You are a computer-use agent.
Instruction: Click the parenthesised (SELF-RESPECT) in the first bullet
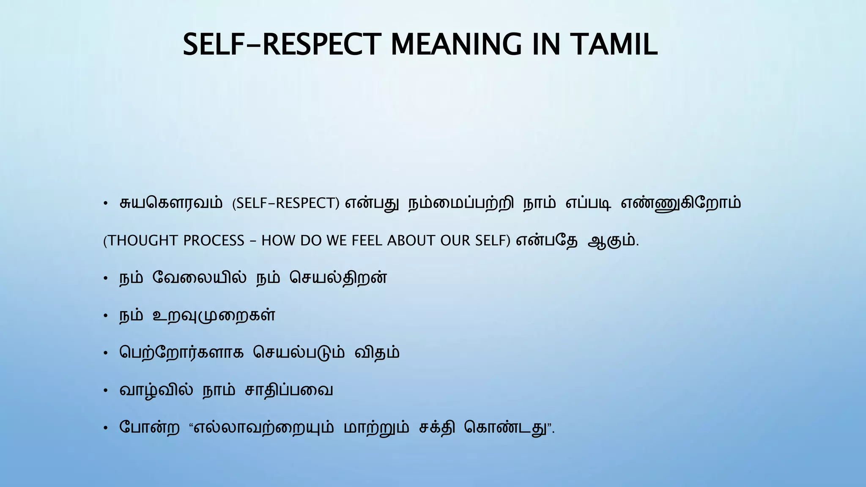point(286,203)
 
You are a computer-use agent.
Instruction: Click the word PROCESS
point(214,241)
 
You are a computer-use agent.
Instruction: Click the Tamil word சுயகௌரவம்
point(171,203)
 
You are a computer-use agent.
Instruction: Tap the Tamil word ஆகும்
point(612,241)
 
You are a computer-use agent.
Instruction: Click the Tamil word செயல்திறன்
point(338,278)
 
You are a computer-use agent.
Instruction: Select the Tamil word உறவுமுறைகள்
point(214,316)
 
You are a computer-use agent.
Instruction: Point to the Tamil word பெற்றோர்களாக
point(181,353)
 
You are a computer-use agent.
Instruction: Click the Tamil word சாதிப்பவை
point(289,390)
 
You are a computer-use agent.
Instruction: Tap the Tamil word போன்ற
point(150,427)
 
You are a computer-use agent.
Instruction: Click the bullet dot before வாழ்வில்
point(106,391)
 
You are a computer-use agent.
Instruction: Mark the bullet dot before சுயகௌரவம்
point(106,204)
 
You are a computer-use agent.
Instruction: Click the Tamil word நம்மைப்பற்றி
point(461,204)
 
